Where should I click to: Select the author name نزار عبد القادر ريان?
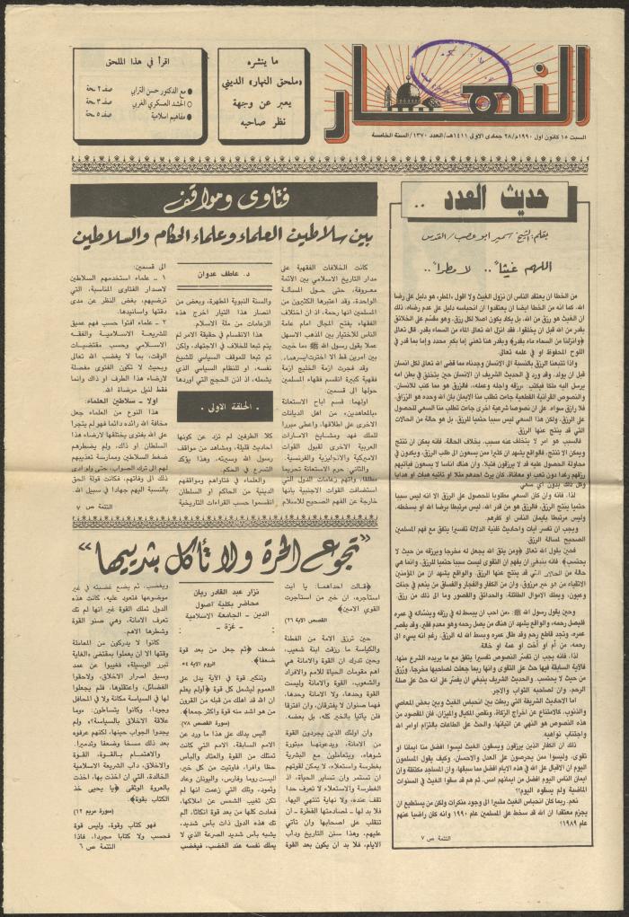[226, 556]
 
